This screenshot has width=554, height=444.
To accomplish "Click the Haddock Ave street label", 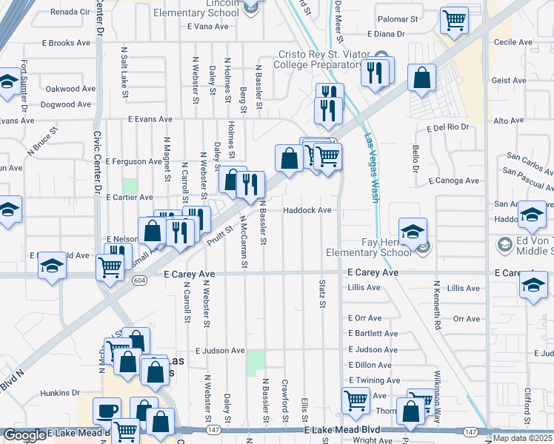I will tap(307, 210).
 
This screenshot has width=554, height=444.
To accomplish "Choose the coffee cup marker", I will tap(107, 411).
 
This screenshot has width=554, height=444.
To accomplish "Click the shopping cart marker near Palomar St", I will tap(454, 20).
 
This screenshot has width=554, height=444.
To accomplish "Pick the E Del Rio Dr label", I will tap(449, 127).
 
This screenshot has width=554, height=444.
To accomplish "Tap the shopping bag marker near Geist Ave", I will tap(422, 78).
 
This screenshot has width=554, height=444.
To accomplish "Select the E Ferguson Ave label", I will tap(133, 161).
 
